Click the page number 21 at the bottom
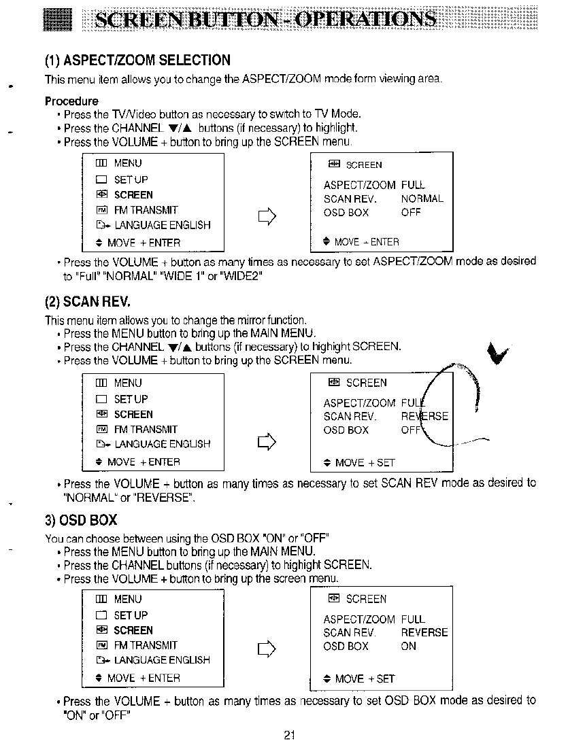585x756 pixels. [x=289, y=734]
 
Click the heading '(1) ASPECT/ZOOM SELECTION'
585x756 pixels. [x=137, y=61]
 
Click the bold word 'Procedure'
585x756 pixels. [x=71, y=101]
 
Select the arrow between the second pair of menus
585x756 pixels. [x=265, y=444]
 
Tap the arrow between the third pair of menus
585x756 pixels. [x=265, y=651]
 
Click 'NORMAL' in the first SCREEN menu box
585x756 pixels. [x=422, y=199]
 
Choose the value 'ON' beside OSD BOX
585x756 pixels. [x=408, y=647]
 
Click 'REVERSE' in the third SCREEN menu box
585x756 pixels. [x=424, y=633]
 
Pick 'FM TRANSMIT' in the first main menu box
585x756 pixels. [x=146, y=210]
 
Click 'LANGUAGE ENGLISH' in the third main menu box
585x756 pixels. [x=162, y=660]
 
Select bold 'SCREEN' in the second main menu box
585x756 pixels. [x=133, y=415]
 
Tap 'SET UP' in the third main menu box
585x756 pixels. [x=131, y=615]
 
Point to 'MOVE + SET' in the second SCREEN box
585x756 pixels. [x=365, y=463]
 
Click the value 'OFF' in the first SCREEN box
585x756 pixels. [x=411, y=213]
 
